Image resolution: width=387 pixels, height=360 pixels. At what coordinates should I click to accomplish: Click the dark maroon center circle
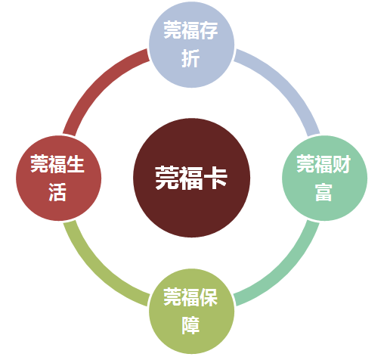[x=191, y=178]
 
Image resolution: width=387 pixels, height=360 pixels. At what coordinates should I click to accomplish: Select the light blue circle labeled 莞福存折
[x=191, y=45]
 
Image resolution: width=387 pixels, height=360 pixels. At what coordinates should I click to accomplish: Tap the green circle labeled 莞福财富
[x=324, y=178]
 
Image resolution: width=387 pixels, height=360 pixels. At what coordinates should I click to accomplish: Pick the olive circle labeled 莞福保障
[x=191, y=311]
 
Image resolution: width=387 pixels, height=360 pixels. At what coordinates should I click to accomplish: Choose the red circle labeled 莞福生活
[x=58, y=178]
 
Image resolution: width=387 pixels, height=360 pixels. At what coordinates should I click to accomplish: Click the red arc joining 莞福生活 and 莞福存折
[x=97, y=84]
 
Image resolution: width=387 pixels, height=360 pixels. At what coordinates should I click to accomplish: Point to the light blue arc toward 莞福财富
[x=286, y=84]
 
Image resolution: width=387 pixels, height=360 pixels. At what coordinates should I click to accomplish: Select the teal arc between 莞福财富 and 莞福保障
[x=286, y=272]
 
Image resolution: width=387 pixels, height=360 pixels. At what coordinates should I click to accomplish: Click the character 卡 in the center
[x=215, y=178]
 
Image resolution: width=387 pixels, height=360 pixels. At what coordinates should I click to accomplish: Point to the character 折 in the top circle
[x=191, y=58]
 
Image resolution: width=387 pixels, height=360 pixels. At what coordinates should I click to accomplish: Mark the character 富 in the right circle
[x=324, y=192]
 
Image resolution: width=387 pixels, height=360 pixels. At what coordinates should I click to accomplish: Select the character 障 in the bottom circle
[x=191, y=325]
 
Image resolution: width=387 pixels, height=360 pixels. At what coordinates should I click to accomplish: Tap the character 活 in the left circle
[x=58, y=192]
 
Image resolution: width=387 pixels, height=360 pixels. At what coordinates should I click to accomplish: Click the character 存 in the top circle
[x=209, y=30]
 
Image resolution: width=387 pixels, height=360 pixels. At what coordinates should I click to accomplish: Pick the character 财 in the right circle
[x=342, y=164]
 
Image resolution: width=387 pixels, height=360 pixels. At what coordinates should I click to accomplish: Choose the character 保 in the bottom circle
[x=209, y=297]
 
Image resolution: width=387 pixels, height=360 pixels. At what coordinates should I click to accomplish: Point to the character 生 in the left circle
[x=76, y=164]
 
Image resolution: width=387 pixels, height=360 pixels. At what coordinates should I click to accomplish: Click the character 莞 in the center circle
[x=167, y=178]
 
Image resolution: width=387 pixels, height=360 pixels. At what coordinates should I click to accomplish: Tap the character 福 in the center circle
[x=191, y=178]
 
